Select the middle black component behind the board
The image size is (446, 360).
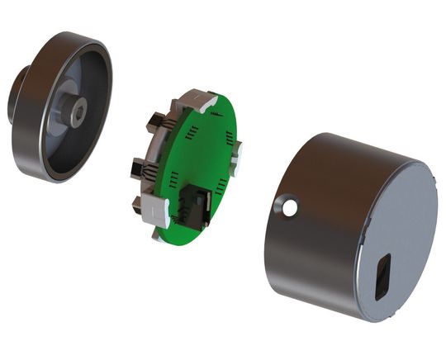(x=135, y=168)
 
